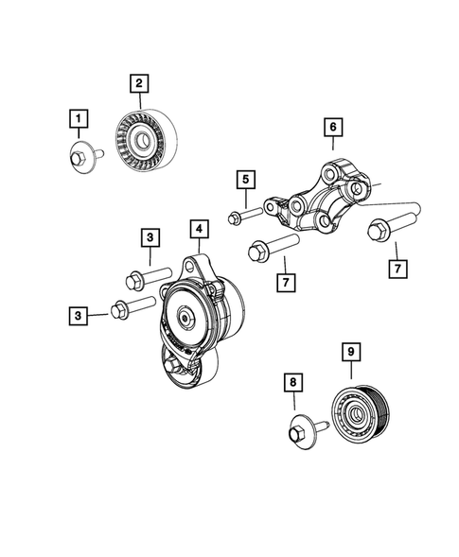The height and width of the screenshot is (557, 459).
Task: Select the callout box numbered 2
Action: (x=139, y=84)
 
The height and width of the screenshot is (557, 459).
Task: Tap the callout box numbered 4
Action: (x=198, y=229)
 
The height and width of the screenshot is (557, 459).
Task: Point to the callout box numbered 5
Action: (x=245, y=179)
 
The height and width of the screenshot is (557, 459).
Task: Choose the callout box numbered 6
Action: (x=332, y=126)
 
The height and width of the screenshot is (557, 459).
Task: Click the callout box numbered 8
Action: (x=293, y=382)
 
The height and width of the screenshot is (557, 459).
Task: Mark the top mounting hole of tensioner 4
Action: (x=197, y=268)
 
